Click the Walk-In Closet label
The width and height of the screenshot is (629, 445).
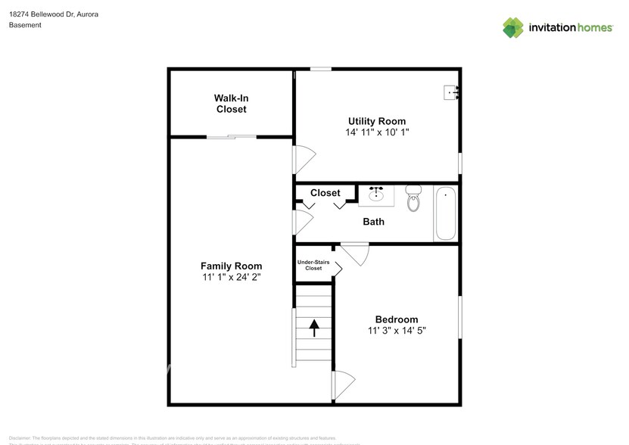click(x=231, y=104)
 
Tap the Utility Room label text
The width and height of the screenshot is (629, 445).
click(x=376, y=121)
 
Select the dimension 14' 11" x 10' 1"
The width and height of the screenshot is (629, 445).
click(x=376, y=132)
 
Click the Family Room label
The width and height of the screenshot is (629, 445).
click(x=231, y=266)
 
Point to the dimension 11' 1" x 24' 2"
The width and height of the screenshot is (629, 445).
click(x=231, y=277)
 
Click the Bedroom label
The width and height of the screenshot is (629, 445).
click(x=397, y=319)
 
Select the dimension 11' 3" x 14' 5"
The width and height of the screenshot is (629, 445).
click(x=397, y=331)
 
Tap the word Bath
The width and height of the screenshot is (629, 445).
click(x=373, y=222)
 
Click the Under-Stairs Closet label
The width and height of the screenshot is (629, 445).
click(x=313, y=265)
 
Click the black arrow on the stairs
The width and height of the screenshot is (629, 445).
click(x=313, y=328)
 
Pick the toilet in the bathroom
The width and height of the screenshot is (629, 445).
click(x=413, y=198)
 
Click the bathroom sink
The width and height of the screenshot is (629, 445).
click(x=376, y=195)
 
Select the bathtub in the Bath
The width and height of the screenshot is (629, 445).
click(x=445, y=214)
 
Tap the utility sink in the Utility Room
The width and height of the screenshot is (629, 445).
click(x=452, y=93)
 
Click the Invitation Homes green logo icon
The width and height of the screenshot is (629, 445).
click(x=513, y=27)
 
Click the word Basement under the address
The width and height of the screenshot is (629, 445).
click(x=25, y=25)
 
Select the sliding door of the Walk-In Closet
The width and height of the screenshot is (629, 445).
click(x=232, y=137)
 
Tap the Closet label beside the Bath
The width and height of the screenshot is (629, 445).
click(x=325, y=193)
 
